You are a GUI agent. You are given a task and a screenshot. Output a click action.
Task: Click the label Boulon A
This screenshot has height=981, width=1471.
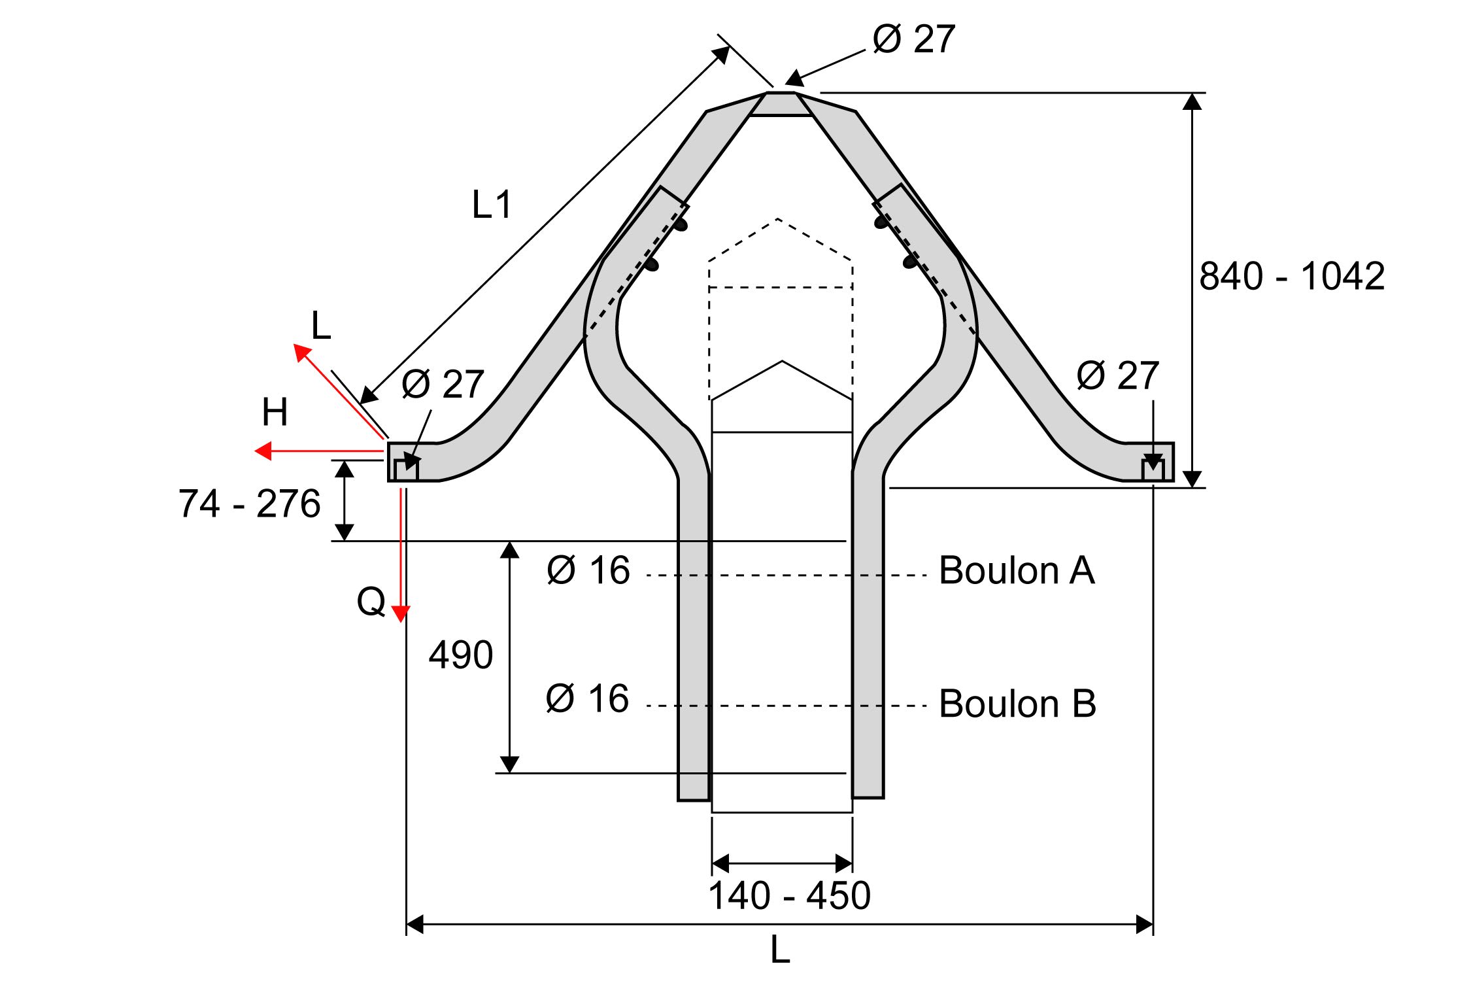1017,570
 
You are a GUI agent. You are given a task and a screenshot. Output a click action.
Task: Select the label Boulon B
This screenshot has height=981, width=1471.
1017,704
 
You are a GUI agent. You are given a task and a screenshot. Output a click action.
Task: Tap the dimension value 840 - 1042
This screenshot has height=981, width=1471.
1292,276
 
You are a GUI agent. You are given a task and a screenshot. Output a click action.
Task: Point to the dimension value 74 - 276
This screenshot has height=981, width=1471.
249,504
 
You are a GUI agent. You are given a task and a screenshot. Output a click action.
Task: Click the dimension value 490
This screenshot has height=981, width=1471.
461,655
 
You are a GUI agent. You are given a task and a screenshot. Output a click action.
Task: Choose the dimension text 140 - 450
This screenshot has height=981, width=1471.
789,895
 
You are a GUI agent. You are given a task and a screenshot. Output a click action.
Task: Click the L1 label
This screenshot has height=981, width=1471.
492,205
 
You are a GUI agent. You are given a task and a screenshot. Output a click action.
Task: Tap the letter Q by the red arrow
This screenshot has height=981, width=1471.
371,601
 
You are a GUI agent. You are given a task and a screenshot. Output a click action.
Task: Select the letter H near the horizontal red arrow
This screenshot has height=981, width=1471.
275,413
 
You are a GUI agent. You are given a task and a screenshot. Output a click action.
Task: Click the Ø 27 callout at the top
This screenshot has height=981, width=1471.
914,39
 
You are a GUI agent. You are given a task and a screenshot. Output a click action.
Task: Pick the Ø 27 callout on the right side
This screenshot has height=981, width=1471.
1117,376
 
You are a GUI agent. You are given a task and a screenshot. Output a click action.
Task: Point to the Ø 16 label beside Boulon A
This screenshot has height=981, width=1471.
588,570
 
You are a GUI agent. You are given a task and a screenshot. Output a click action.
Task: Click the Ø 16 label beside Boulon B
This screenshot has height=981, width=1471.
587,698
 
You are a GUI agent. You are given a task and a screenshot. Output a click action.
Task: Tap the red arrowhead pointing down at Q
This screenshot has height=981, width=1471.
401,613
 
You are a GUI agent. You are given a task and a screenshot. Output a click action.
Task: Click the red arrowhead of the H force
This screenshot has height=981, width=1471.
263,451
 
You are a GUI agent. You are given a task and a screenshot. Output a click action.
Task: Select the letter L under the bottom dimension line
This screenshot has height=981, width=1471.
780,950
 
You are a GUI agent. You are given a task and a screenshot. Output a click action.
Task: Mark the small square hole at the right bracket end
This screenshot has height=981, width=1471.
1153,470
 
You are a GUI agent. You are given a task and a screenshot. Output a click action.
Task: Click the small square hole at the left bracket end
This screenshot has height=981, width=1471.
406,470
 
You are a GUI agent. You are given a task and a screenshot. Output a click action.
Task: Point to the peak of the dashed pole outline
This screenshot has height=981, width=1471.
777,219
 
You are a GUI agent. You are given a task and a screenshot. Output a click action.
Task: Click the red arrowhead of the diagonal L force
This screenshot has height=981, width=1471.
301,352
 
